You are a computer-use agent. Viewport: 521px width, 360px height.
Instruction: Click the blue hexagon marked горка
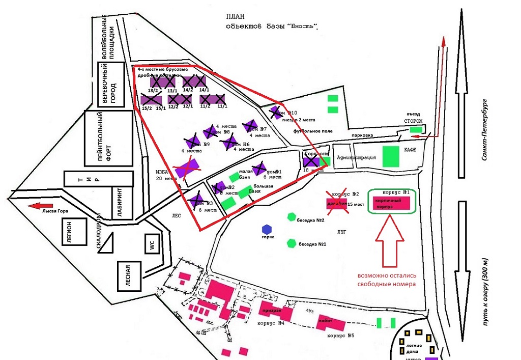point(266,229)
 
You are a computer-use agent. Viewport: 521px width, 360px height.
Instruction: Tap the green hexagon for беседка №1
point(292,243)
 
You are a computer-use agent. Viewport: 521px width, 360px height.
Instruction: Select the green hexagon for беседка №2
point(292,217)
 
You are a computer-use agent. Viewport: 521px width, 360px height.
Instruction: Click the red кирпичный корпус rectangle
point(391,202)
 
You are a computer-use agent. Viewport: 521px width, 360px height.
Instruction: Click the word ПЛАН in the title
point(237,17)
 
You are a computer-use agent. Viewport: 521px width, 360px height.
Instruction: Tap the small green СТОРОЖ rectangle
point(417,130)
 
